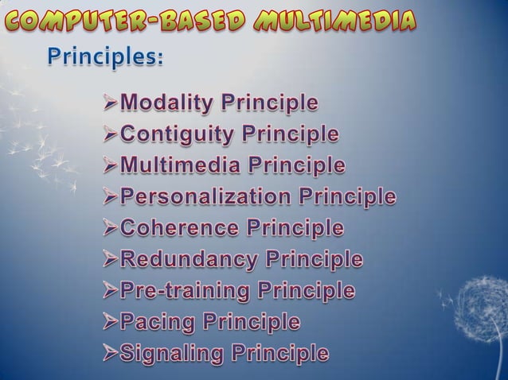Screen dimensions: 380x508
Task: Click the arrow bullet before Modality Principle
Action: (x=109, y=104)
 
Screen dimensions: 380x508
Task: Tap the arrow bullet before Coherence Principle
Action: (x=109, y=229)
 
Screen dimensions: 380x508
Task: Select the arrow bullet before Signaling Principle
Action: (x=109, y=354)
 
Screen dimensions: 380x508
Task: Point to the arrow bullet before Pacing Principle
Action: (x=109, y=323)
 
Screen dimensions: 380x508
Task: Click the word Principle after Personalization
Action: (x=347, y=197)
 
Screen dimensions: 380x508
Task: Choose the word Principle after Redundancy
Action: (x=315, y=260)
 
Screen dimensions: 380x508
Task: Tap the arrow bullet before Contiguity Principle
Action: (x=109, y=136)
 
